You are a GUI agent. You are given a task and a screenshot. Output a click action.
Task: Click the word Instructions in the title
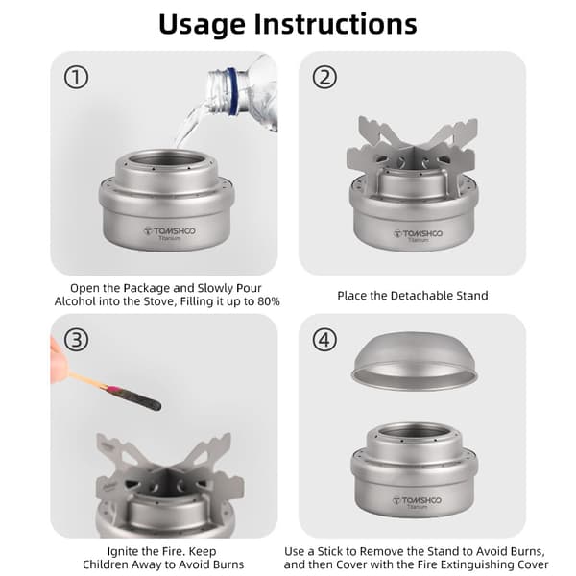tap(335, 24)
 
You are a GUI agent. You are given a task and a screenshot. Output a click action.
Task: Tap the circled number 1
tap(77, 78)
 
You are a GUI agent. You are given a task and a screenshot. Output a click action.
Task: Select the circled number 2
tap(324, 78)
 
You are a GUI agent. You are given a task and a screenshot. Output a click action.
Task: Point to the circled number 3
tap(77, 340)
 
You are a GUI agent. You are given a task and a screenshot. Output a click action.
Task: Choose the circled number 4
tap(324, 340)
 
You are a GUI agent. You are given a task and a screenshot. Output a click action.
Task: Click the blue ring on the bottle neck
tap(232, 91)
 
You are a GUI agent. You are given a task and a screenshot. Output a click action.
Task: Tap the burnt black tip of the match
tap(139, 399)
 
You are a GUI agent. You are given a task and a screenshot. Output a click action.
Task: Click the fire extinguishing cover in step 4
tap(415, 361)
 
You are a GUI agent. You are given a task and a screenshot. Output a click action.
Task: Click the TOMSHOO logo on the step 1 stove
tap(170, 231)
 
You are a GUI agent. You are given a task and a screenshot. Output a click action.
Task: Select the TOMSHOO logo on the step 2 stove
tap(418, 233)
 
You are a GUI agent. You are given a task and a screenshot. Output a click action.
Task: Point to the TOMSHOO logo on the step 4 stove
tap(418, 500)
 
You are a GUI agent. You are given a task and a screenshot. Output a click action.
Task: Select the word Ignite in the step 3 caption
tap(122, 551)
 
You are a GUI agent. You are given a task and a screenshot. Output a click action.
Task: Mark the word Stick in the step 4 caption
tap(331, 551)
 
